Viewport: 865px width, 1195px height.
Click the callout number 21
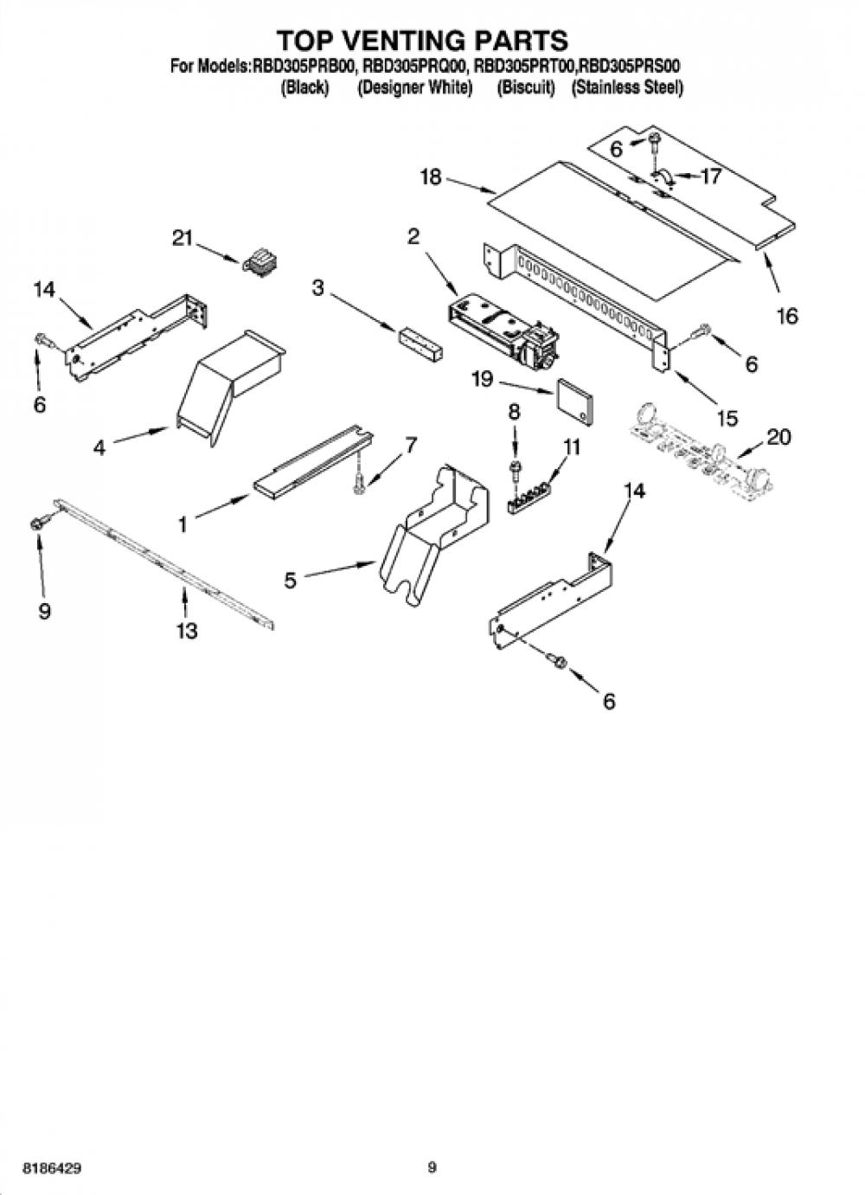pos(183,238)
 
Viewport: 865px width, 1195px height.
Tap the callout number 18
pos(431,177)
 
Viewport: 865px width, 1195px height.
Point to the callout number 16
pos(788,316)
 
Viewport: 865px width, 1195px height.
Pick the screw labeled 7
pos(359,482)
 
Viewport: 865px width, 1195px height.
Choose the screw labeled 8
pos(516,469)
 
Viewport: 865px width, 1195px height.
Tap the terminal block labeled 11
pos(529,497)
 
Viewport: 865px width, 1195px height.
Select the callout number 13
pos(187,631)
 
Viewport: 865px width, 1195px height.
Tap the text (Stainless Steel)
pos(627,87)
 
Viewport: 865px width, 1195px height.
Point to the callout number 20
pos(778,438)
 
